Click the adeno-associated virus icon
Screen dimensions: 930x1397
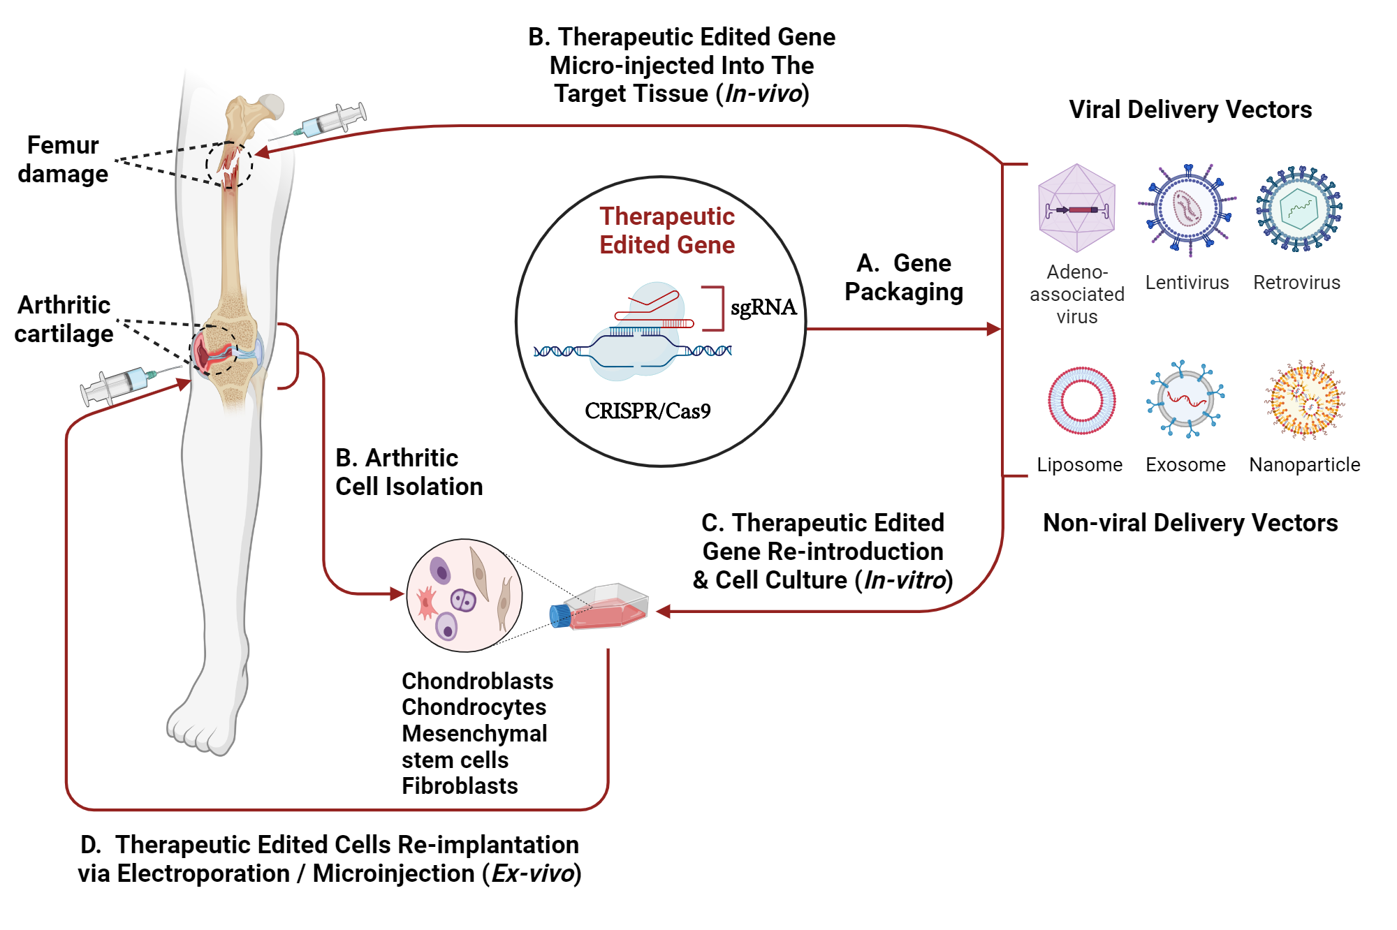pyautogui.click(x=1076, y=208)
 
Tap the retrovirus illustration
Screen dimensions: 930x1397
pyautogui.click(x=1299, y=208)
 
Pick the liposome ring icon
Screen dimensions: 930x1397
pyautogui.click(x=1081, y=401)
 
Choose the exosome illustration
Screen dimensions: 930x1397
pyautogui.click(x=1185, y=399)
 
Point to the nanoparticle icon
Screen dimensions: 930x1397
pyautogui.click(x=1305, y=399)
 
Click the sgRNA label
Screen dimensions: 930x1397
pyautogui.click(x=763, y=307)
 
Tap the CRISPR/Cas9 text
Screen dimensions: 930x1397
pyautogui.click(x=648, y=411)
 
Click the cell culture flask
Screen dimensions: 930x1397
pyautogui.click(x=608, y=607)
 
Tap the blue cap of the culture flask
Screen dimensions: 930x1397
pyautogui.click(x=559, y=616)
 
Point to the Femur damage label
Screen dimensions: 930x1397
pyautogui.click(x=63, y=159)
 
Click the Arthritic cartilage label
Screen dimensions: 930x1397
pyautogui.click(x=64, y=319)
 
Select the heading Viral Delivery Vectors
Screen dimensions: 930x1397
pyautogui.click(x=1190, y=110)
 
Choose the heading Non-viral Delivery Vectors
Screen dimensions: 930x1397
pyautogui.click(x=1190, y=523)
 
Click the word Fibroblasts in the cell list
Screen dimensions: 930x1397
pyautogui.click(x=460, y=786)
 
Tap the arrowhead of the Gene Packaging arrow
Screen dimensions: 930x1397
pyautogui.click(x=993, y=329)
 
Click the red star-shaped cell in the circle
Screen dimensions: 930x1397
pyautogui.click(x=426, y=602)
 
